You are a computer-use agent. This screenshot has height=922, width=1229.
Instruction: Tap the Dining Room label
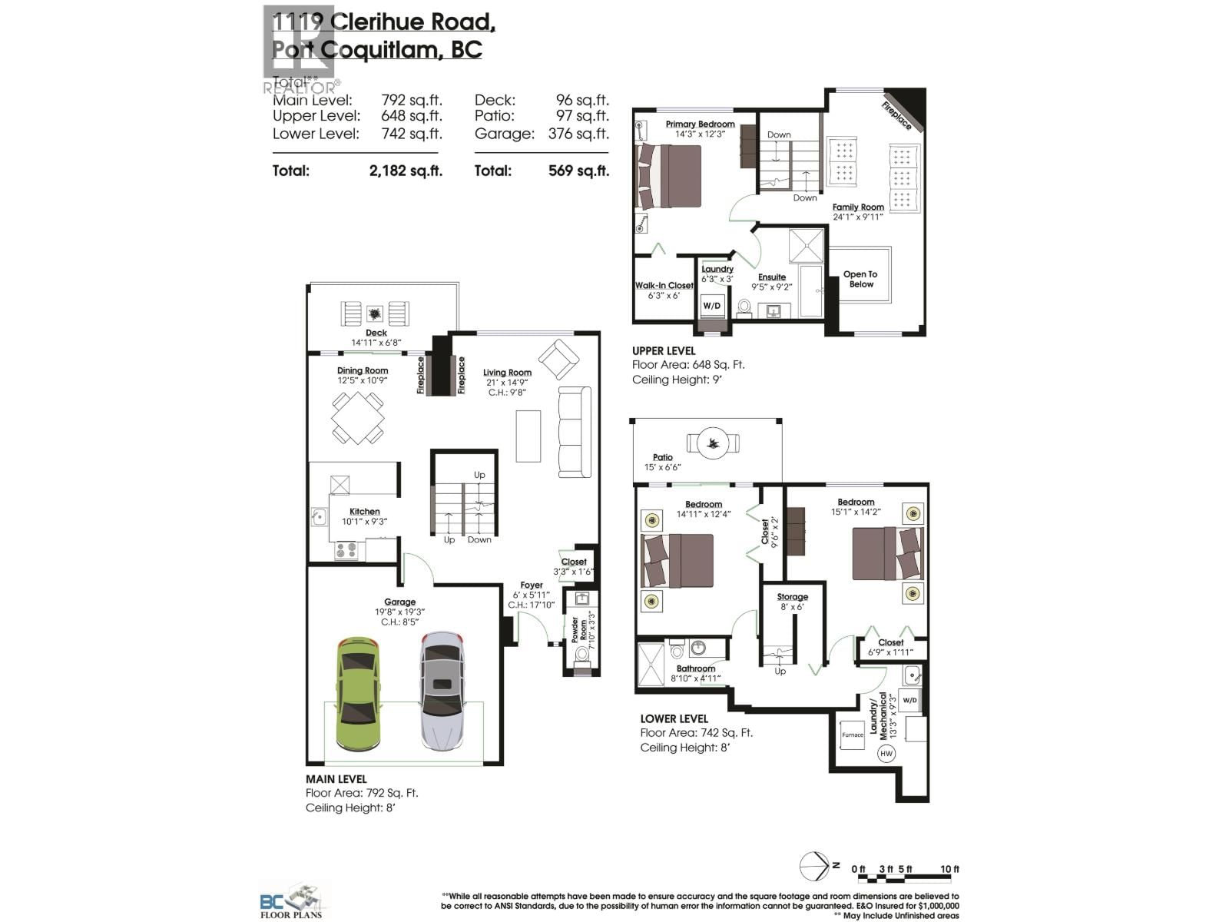363,370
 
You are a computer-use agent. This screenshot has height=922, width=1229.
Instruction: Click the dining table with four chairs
358,418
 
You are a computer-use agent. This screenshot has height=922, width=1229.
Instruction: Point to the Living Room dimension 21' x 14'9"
507,383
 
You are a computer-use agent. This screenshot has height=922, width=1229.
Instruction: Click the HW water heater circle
886,753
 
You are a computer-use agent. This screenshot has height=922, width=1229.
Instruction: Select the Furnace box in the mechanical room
853,735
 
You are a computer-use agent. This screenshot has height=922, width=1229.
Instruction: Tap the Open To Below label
860,279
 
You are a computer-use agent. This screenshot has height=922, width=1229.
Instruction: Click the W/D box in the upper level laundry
712,305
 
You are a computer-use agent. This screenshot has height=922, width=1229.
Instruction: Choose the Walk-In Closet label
664,285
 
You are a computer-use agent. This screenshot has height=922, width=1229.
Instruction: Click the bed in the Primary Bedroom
668,176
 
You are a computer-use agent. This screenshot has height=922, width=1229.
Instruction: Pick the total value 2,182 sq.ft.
406,171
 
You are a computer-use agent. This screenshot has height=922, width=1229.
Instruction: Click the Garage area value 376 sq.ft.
578,134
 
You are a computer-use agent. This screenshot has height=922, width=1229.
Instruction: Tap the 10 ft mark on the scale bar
949,869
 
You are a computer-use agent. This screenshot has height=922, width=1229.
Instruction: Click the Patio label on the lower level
663,457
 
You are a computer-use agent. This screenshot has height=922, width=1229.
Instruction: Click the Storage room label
792,596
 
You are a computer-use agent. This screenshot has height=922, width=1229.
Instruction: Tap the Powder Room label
578,630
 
